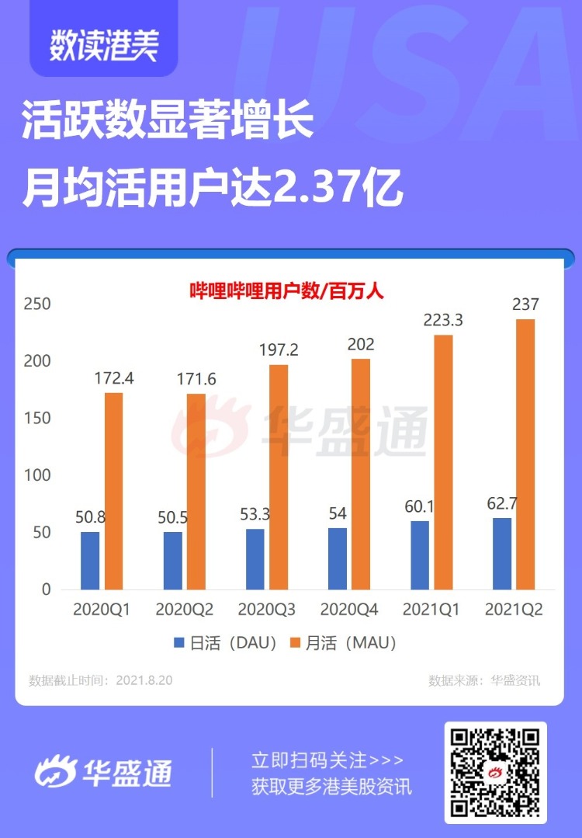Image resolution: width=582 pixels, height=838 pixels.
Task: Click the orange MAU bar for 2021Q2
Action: (525, 454)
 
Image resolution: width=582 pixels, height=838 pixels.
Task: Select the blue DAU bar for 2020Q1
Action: (90, 560)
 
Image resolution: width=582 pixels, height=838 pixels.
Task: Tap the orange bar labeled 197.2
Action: (279, 476)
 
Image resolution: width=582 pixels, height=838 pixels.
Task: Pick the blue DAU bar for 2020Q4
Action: (338, 558)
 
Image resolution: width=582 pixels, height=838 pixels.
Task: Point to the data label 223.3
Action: (443, 319)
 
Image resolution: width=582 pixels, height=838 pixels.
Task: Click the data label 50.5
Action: (173, 516)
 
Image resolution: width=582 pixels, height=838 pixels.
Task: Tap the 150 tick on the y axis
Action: (36, 419)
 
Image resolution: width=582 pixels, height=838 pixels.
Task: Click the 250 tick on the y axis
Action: (36, 304)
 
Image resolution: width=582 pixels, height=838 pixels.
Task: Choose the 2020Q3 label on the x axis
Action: (266, 610)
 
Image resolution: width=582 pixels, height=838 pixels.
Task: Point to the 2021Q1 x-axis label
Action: (431, 610)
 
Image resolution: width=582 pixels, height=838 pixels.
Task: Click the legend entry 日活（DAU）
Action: (225, 643)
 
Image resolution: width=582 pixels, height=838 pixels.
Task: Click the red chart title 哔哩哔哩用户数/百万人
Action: (287, 292)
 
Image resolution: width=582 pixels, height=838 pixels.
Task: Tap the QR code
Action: (495, 772)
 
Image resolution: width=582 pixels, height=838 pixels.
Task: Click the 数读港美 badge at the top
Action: (103, 44)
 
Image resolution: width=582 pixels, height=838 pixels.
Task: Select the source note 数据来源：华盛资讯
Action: (484, 681)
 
